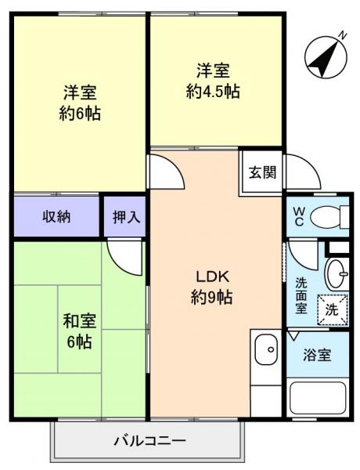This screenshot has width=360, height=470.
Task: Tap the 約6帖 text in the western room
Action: pyautogui.click(x=80, y=114)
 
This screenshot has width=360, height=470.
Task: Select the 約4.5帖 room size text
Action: pyautogui.click(x=213, y=92)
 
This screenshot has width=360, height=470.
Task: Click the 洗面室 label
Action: pyautogui.click(x=301, y=295)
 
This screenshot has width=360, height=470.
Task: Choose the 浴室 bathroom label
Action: pyautogui.click(x=318, y=355)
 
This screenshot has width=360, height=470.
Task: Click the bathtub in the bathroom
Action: pyautogui.click(x=318, y=399)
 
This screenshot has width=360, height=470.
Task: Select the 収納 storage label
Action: pyautogui.click(x=56, y=216)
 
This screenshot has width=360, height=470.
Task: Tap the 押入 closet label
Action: pyautogui.click(x=125, y=217)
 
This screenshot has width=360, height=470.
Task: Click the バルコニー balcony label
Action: pyautogui.click(x=149, y=440)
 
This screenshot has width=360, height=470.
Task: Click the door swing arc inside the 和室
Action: pyautogui.click(x=125, y=254)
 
